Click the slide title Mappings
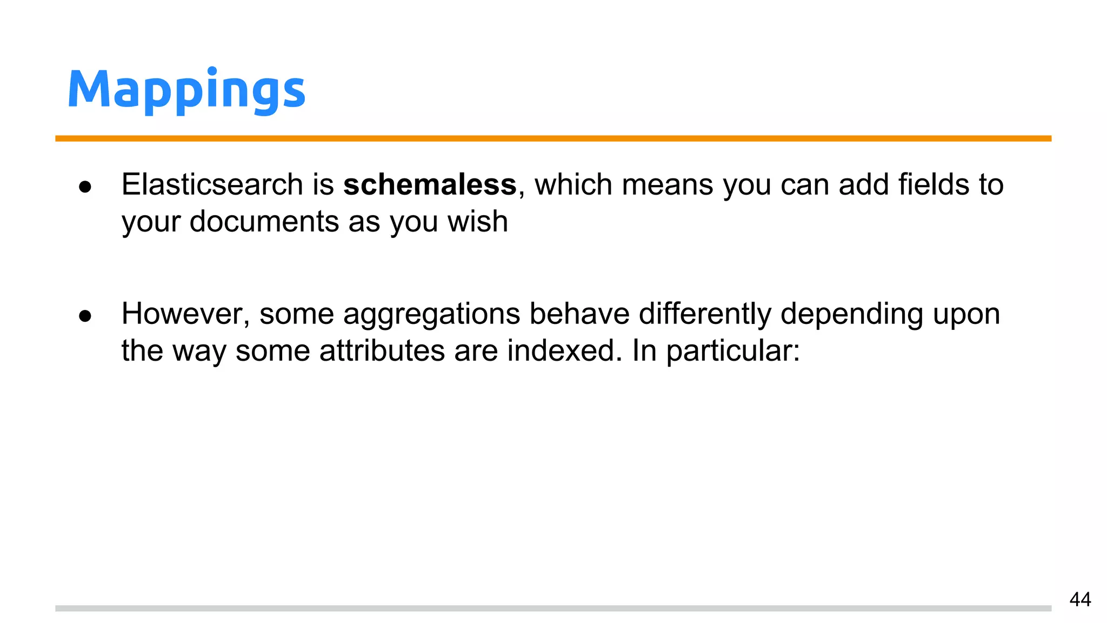186,90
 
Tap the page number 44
1080,600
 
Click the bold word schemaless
430,185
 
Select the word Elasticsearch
212,185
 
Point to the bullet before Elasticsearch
85,187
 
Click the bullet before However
85,316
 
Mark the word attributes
382,350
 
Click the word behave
579,314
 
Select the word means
668,185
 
